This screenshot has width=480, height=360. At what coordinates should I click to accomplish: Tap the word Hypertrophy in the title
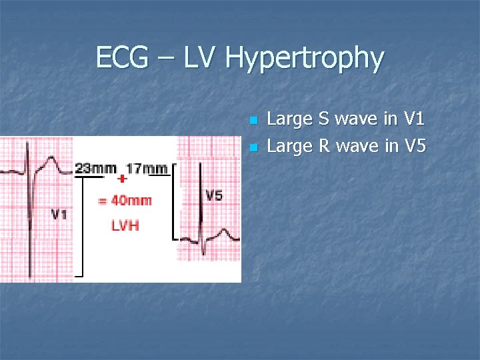click(305, 59)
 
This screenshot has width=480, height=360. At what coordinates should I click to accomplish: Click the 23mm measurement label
click(96, 168)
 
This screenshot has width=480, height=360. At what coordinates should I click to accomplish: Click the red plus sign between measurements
click(122, 179)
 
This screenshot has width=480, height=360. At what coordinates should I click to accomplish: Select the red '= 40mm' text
click(125, 200)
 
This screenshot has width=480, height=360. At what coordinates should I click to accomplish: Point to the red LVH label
click(125, 225)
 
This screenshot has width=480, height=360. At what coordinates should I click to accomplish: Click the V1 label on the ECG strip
click(59, 215)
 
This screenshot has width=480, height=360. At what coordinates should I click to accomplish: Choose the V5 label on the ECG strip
click(214, 195)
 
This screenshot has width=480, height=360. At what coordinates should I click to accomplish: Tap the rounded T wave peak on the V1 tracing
click(51, 159)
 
